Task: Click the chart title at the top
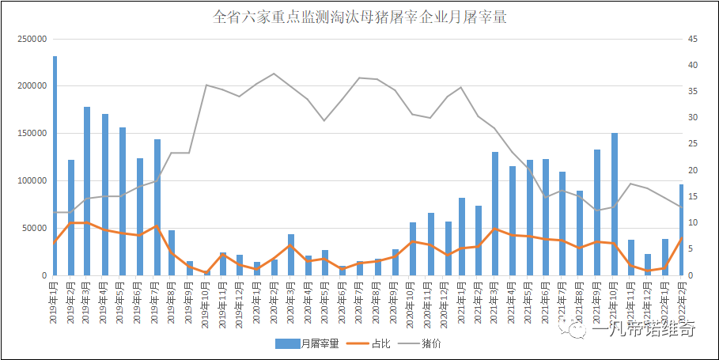click(x=359, y=17)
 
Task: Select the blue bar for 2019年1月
click(x=55, y=166)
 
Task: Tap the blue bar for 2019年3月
click(x=88, y=191)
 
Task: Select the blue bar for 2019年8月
click(x=172, y=252)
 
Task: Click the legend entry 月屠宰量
click(x=308, y=343)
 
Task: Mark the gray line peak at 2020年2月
click(x=274, y=74)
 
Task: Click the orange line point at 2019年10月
click(x=206, y=271)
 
